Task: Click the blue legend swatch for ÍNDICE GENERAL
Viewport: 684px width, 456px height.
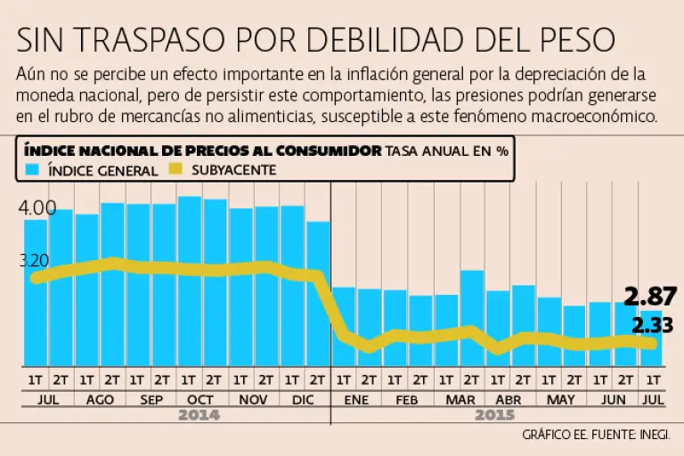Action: [x=33, y=169]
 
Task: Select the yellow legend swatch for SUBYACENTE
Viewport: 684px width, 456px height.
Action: [x=178, y=169]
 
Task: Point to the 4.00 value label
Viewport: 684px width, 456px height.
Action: [x=37, y=208]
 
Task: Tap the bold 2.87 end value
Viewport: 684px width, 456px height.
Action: [x=649, y=297]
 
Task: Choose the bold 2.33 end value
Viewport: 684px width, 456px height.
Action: [x=651, y=324]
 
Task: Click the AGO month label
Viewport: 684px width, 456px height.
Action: [x=99, y=400]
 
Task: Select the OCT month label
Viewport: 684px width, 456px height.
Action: [x=201, y=400]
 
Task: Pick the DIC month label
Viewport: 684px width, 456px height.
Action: [x=304, y=400]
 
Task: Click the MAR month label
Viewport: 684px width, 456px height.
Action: [x=460, y=400]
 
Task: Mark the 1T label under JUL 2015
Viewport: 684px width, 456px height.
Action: [x=652, y=379]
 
